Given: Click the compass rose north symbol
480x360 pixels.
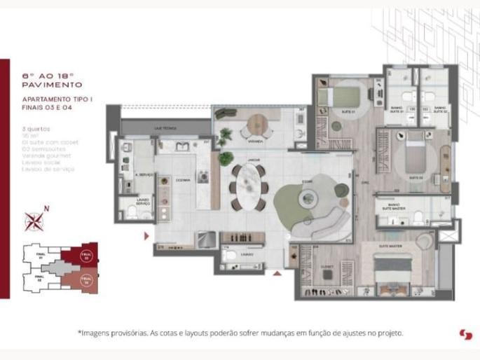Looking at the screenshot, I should click(34, 221).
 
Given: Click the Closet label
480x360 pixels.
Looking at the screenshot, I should click(327, 267).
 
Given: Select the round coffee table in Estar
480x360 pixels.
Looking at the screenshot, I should click(308, 200).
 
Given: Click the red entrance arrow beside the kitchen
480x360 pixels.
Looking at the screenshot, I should click(146, 236).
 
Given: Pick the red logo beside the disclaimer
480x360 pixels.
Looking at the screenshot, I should click(465, 334).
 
